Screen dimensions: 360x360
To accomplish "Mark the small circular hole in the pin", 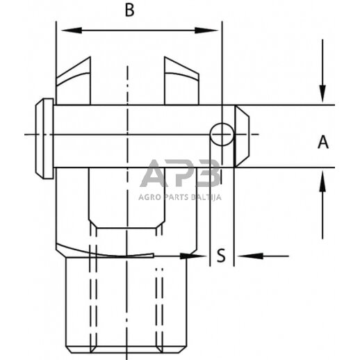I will point(222,133).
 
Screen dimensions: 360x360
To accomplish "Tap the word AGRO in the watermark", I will point(149,197).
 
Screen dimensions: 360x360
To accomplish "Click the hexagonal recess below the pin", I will point(126,202).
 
